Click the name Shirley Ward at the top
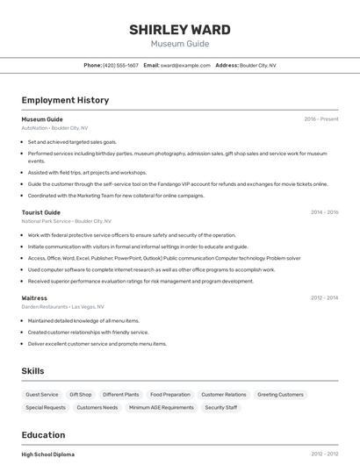click(180, 30)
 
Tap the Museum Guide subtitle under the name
click(180, 43)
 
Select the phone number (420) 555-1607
click(121, 65)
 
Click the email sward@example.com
click(186, 65)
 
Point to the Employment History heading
click(65, 100)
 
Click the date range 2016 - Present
click(321, 118)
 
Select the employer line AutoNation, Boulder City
click(55, 127)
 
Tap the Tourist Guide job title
click(41, 212)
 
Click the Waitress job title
click(34, 298)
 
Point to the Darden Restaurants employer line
click(62, 307)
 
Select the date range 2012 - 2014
click(324, 298)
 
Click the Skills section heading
click(32, 371)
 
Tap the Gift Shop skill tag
click(81, 395)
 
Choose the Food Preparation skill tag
click(170, 395)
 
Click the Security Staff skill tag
click(221, 407)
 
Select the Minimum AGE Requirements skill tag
click(162, 407)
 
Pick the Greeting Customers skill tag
click(280, 395)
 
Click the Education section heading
click(43, 435)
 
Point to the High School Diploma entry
click(48, 454)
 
